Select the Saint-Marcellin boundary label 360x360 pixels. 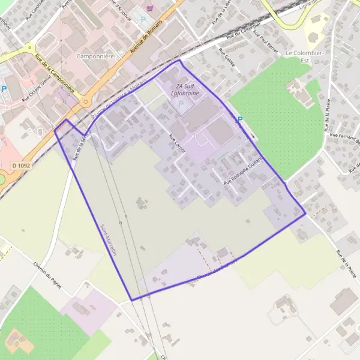click(109, 240)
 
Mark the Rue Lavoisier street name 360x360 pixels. click(37, 12)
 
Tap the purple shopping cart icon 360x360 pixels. click(149, 10)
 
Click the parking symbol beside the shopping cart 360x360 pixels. click(143, 19)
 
